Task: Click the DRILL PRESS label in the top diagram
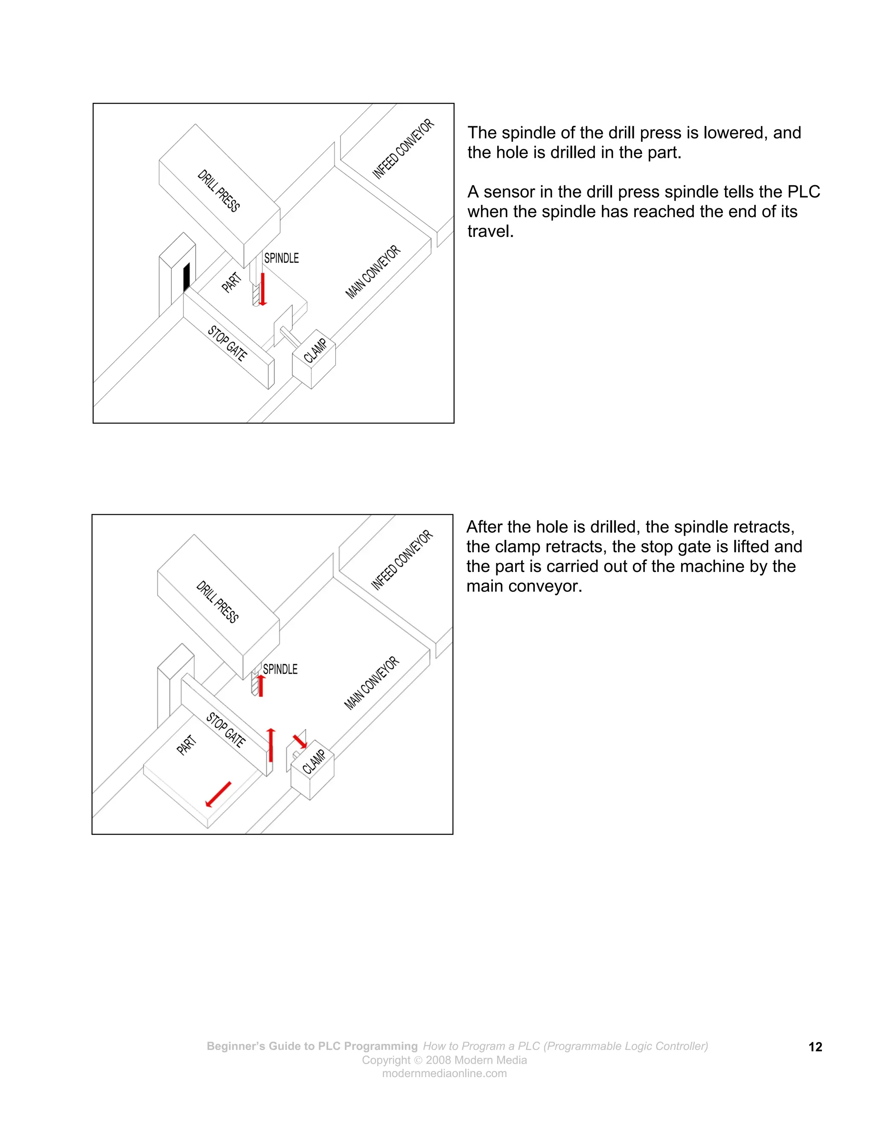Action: [x=218, y=191]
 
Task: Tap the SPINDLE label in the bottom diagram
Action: [x=280, y=669]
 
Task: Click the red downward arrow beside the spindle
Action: [x=263, y=289]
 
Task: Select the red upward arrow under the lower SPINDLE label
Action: [x=261, y=685]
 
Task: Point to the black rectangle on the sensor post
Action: [x=186, y=277]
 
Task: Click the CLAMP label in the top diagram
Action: [x=315, y=350]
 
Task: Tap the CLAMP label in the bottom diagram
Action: [x=314, y=762]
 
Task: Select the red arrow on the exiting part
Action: [x=218, y=794]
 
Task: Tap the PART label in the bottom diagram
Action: [x=186, y=745]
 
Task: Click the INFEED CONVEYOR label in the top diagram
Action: [x=403, y=149]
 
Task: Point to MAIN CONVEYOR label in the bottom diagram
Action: [x=372, y=682]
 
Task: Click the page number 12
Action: [x=815, y=1047]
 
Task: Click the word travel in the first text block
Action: [x=489, y=231]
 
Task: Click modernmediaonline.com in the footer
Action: [x=444, y=1073]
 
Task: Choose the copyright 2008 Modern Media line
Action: [x=444, y=1060]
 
